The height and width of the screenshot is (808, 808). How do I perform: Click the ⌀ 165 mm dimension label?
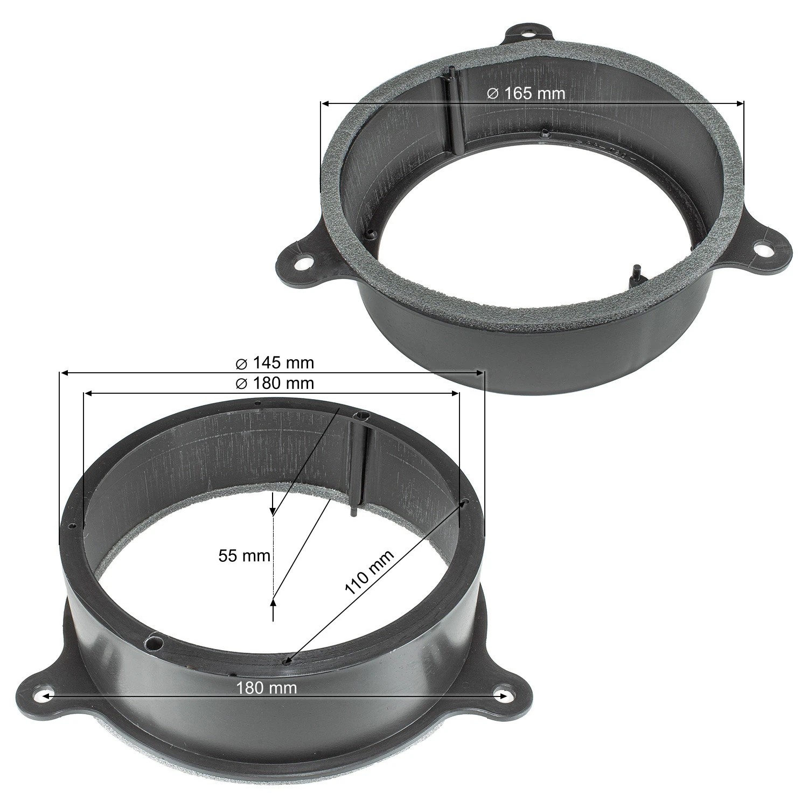tap(526, 93)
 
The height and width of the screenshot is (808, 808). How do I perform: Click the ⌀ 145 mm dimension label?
tap(275, 363)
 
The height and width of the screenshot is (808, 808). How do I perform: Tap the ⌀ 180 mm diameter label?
tap(275, 384)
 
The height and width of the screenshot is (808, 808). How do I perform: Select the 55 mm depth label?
tap(244, 556)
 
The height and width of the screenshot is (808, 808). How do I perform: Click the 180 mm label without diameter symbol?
tap(267, 688)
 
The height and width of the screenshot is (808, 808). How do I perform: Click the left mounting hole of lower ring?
tap(45, 695)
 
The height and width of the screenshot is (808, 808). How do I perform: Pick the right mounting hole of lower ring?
tap(505, 695)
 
